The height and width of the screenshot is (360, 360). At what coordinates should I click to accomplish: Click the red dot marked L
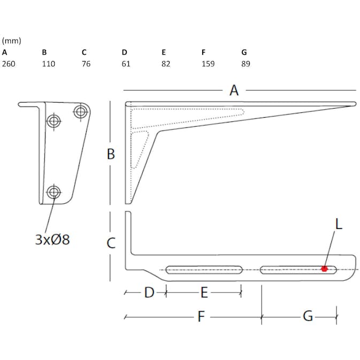click(x=324, y=269)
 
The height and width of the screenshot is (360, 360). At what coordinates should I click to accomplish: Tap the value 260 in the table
click(x=9, y=64)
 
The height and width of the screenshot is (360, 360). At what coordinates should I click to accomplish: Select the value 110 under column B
click(x=48, y=64)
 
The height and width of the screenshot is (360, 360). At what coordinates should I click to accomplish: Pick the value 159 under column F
click(x=208, y=64)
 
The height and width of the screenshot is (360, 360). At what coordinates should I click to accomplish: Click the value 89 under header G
click(x=246, y=64)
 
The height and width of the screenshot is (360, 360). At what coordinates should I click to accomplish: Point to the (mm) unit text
click(x=11, y=41)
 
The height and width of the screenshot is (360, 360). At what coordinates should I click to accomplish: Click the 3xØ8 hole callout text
click(x=52, y=239)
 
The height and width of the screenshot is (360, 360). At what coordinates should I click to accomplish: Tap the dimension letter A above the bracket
click(x=234, y=90)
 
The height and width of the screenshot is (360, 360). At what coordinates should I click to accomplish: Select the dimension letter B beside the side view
click(x=111, y=154)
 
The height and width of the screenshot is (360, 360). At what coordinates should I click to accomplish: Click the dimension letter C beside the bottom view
click(x=111, y=243)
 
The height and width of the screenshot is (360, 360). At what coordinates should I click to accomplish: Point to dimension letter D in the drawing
click(x=149, y=293)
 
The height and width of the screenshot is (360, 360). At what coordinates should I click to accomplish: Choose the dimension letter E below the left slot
click(x=204, y=293)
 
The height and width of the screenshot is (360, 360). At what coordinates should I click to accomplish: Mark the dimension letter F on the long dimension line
click(x=201, y=317)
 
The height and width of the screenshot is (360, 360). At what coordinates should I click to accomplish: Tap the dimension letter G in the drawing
click(x=308, y=317)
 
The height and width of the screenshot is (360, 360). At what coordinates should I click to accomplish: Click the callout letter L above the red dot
click(x=338, y=224)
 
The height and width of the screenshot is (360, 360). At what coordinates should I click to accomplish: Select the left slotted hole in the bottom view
click(x=204, y=270)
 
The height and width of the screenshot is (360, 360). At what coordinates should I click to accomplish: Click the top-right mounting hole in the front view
click(x=81, y=112)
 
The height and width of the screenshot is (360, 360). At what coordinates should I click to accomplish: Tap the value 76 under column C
click(x=86, y=64)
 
